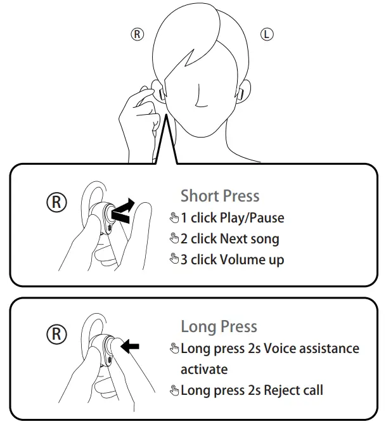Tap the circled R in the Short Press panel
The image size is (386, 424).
[x=57, y=203]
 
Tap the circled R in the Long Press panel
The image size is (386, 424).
[x=57, y=334]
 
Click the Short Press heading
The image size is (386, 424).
[x=220, y=196]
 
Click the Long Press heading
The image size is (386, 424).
[x=219, y=327]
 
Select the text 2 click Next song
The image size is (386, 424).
[x=229, y=239]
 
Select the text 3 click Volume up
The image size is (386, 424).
[x=232, y=260]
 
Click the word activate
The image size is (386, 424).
[x=203, y=369]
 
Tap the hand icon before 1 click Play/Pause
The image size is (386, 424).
[x=174, y=218]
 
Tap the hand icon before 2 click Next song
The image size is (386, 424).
[x=174, y=239]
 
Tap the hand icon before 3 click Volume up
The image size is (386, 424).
[x=174, y=260]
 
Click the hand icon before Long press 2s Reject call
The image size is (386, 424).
[x=174, y=390]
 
